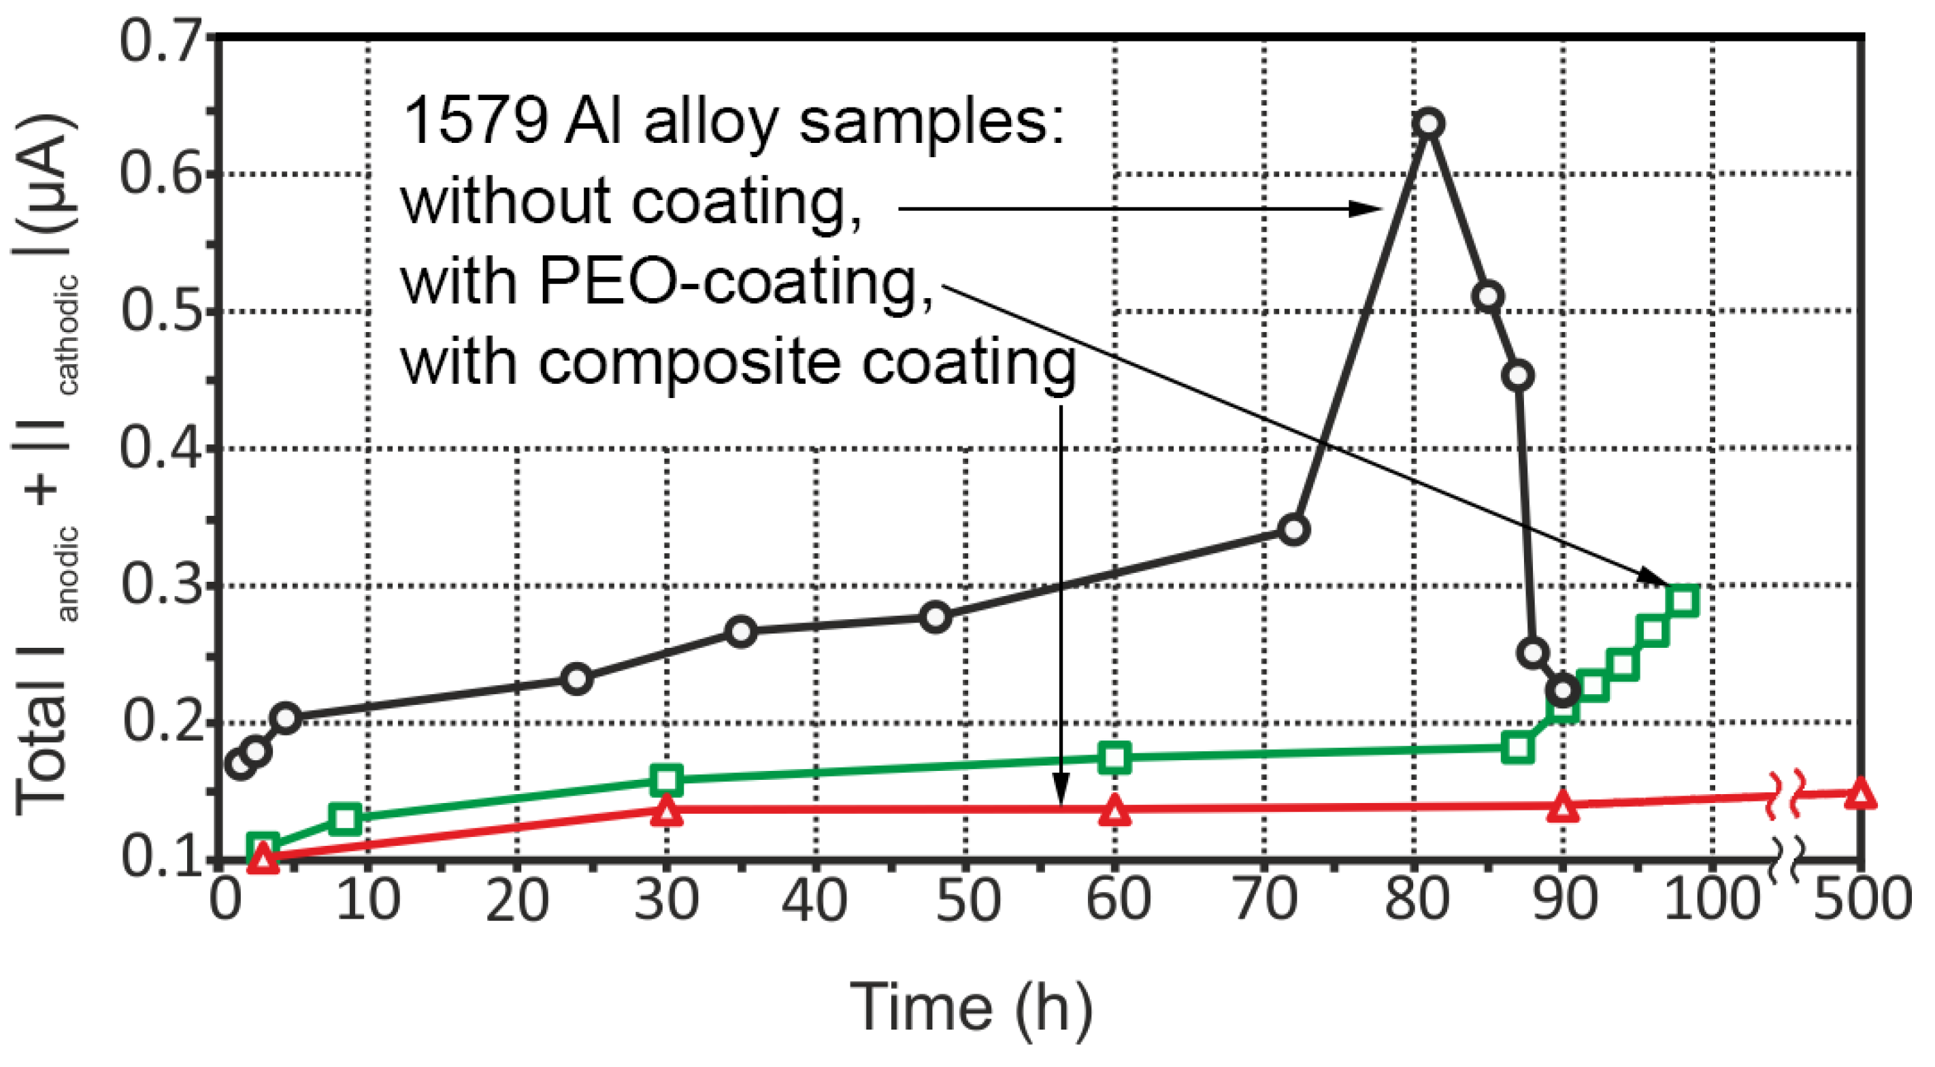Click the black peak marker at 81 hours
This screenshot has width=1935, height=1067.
click(x=1428, y=124)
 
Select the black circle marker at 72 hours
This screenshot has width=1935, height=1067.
click(x=1293, y=529)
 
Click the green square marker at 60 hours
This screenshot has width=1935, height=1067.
click(x=1114, y=757)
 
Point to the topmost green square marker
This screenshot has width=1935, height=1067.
click(x=1683, y=600)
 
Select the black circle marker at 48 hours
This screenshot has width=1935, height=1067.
click(x=936, y=618)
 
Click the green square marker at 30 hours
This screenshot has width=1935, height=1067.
click(x=666, y=780)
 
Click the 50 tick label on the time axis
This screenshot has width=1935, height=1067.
click(x=967, y=900)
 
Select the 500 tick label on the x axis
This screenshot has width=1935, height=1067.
click(x=1862, y=900)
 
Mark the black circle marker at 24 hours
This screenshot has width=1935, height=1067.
click(x=576, y=679)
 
